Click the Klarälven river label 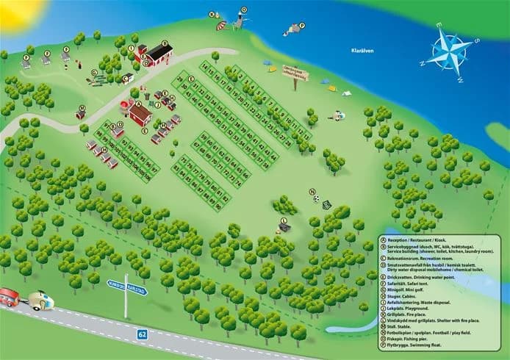(362, 51)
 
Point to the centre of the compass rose (449, 51)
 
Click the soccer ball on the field (317, 198)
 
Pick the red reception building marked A (140, 114)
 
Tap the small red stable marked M (80, 115)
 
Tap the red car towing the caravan (8, 298)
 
